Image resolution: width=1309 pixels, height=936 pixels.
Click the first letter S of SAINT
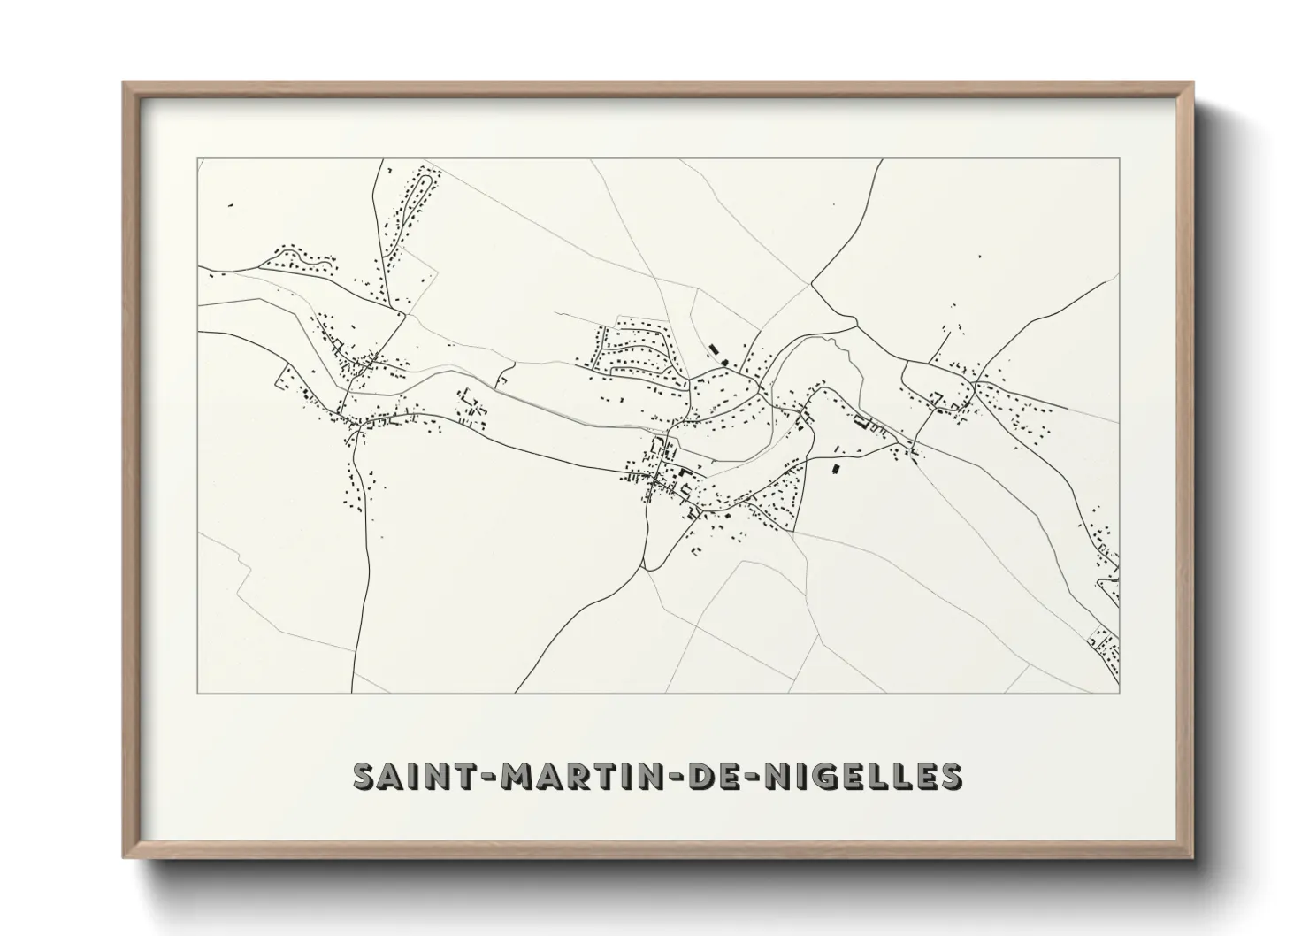pyautogui.click(x=364, y=776)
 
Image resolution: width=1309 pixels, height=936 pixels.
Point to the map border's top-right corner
pyautogui.click(x=1120, y=159)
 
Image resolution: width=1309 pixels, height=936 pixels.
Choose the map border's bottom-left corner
pyautogui.click(x=198, y=693)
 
